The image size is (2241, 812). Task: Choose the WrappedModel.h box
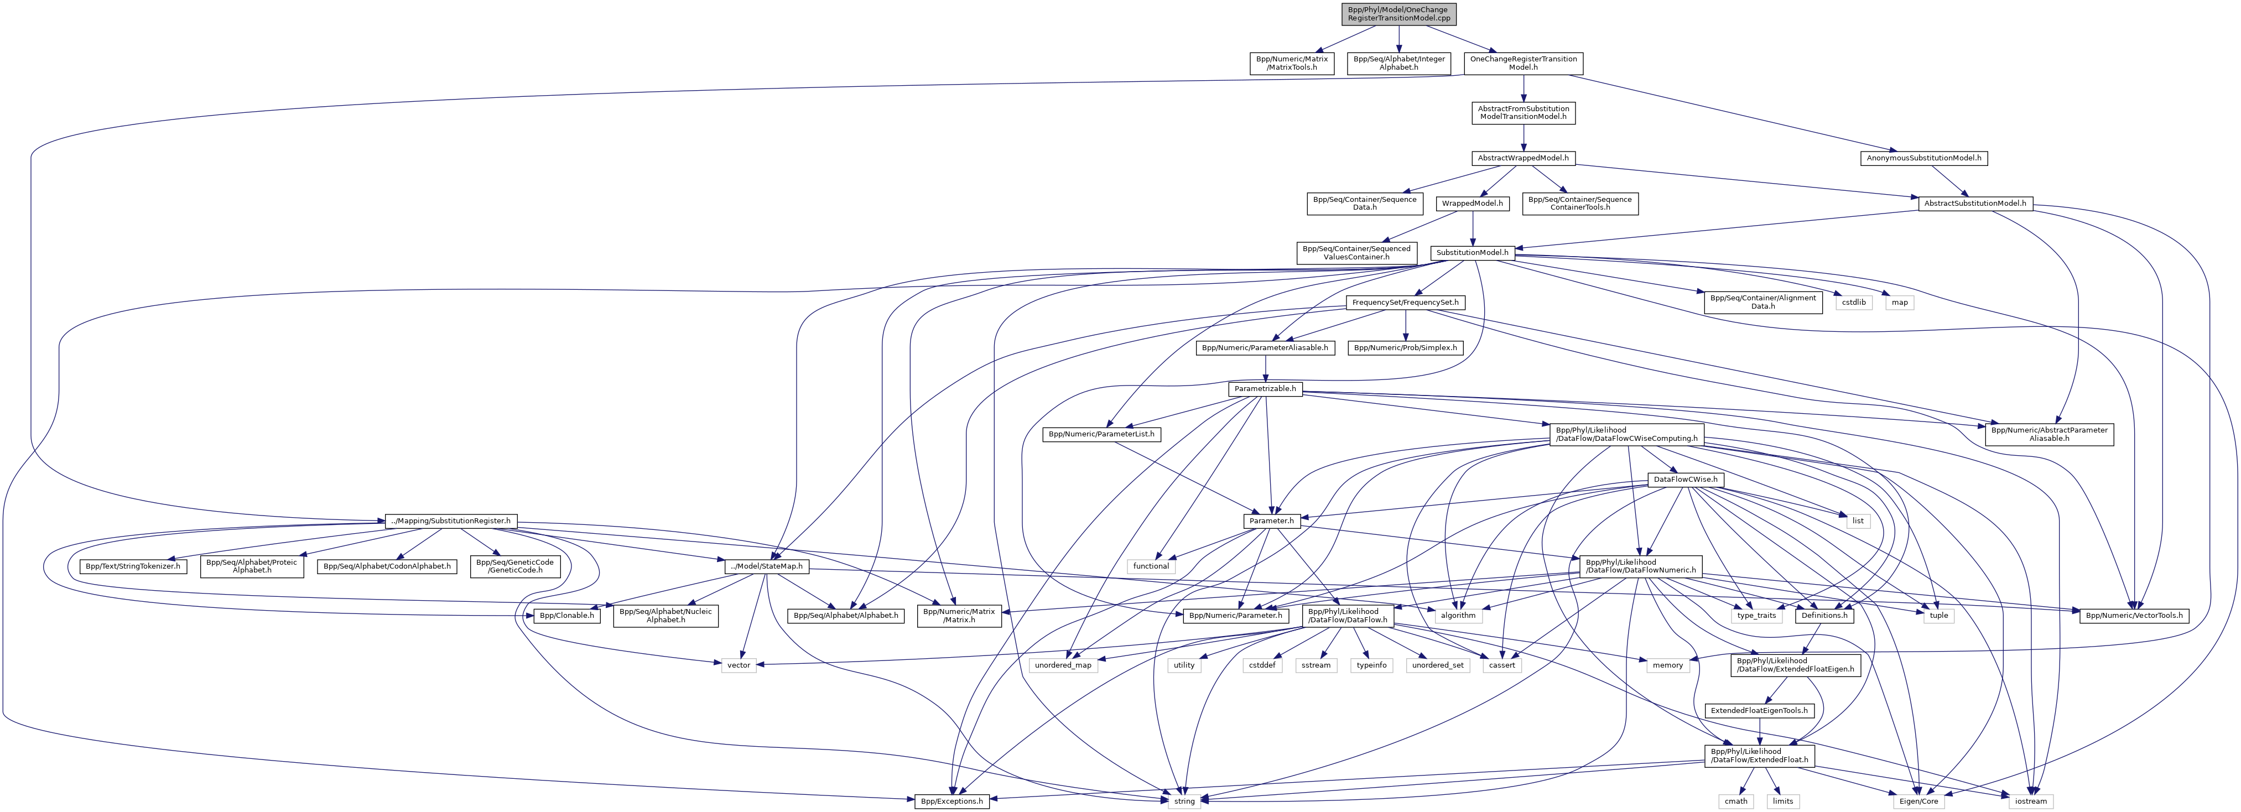(x=1472, y=204)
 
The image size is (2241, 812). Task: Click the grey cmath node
(x=1735, y=801)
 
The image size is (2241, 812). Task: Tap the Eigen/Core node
(x=1918, y=801)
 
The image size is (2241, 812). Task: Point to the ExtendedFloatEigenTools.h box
(x=1759, y=711)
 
